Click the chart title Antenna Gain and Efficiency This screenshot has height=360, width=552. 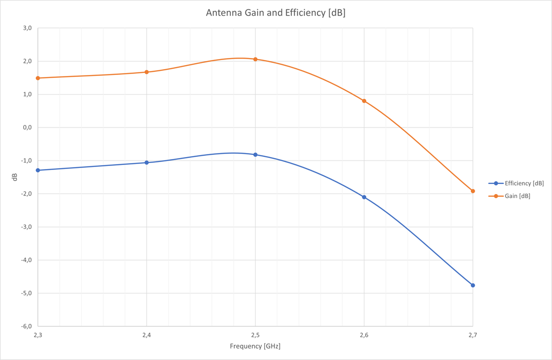click(x=275, y=13)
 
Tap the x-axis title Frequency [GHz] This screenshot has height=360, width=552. click(x=255, y=346)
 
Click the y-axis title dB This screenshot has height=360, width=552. click(x=15, y=177)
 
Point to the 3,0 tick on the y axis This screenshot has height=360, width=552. click(x=27, y=28)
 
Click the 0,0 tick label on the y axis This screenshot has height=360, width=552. click(x=27, y=127)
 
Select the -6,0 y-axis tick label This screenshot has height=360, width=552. click(x=26, y=326)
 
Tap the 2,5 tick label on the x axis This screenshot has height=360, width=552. click(x=255, y=334)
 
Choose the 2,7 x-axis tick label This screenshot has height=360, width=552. click(x=472, y=334)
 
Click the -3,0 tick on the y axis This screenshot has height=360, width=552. click(x=26, y=227)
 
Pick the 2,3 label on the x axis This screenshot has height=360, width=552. click(x=38, y=334)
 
